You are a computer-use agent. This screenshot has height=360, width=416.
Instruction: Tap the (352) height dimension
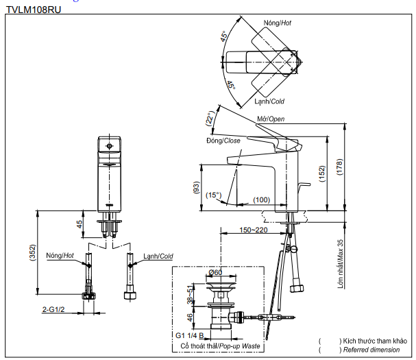click(32, 253)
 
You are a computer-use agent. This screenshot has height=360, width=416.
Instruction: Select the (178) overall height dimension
click(339, 167)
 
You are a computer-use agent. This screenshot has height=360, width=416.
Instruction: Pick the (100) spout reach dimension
click(261, 200)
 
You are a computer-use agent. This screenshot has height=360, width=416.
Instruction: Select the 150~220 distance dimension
click(253, 230)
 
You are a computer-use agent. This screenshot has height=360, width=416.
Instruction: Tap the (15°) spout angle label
click(215, 195)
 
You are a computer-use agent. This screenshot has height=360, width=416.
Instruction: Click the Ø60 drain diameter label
click(215, 273)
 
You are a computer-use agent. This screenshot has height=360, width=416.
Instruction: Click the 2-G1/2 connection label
click(53, 310)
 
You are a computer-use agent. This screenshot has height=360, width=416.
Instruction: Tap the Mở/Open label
click(271, 119)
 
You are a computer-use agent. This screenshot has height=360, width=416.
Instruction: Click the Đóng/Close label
click(223, 141)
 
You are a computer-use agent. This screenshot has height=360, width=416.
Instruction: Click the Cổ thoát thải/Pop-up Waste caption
click(219, 347)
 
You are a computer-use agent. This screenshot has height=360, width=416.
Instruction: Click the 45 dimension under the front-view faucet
click(79, 224)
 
